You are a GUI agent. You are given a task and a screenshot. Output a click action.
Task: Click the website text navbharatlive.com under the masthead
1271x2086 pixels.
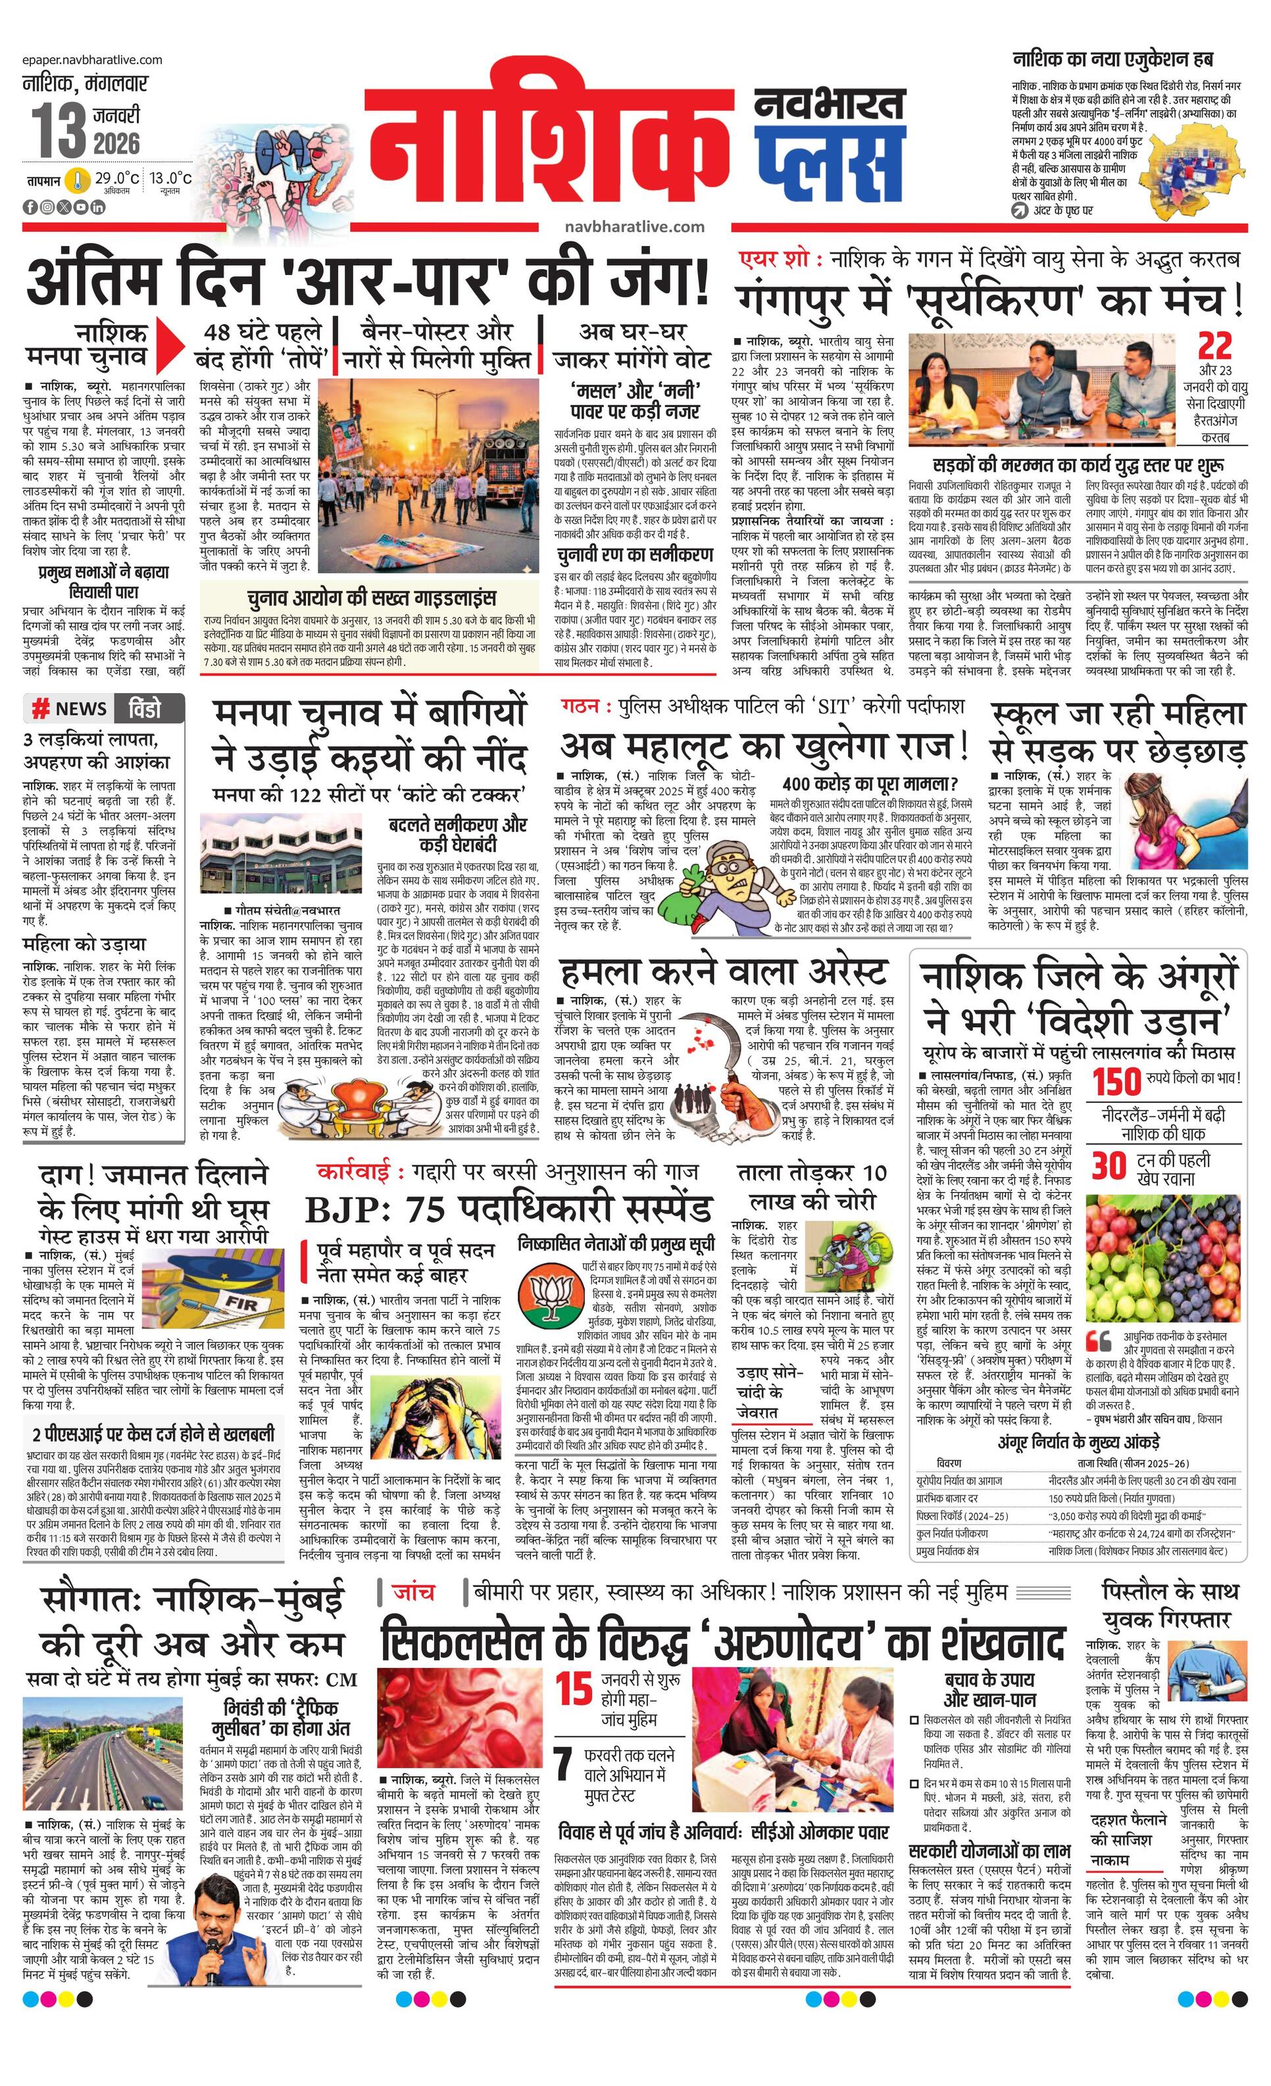point(634,226)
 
